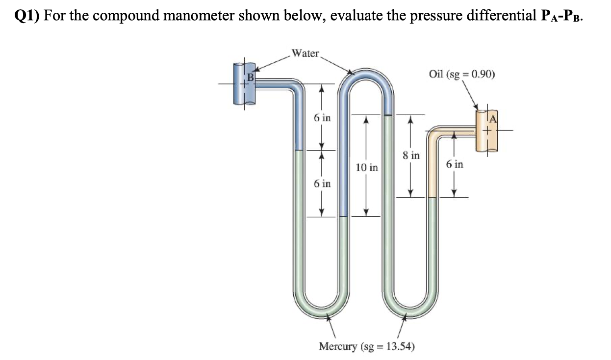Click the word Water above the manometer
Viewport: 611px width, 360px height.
pyautogui.click(x=305, y=53)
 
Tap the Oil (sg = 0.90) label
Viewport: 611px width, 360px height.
pyautogui.click(x=461, y=75)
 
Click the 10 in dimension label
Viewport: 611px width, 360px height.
pyautogui.click(x=367, y=168)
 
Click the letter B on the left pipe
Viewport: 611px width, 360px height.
pyautogui.click(x=250, y=77)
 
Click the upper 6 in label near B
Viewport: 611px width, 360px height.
pyautogui.click(x=322, y=118)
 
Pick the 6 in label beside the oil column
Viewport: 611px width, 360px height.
pyautogui.click(x=455, y=164)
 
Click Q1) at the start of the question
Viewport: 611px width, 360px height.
pyautogui.click(x=27, y=15)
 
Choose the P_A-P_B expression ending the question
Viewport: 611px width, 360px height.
pyautogui.click(x=562, y=15)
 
